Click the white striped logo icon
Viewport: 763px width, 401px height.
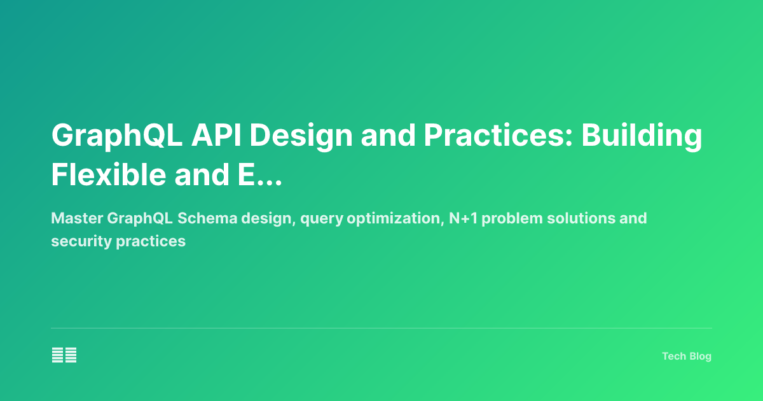pos(64,355)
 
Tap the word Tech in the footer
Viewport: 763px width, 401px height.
pos(673,356)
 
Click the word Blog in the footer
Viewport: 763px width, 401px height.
pos(699,356)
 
